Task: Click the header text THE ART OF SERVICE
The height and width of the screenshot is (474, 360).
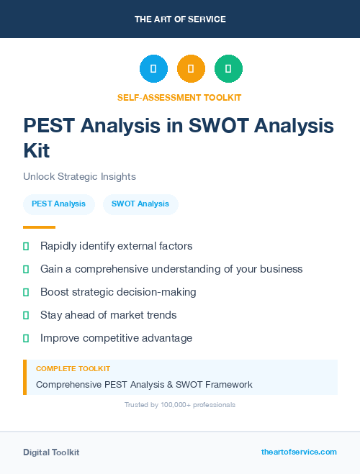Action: coord(180,19)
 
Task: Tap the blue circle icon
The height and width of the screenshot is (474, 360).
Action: coord(153,69)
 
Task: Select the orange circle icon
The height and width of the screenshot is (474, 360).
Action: coord(191,69)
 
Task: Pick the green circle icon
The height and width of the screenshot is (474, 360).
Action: coord(228,69)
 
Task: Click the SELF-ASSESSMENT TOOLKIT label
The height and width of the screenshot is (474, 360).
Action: coord(179,97)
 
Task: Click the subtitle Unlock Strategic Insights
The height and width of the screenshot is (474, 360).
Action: coord(79,176)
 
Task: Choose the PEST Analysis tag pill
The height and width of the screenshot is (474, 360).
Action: coord(59,204)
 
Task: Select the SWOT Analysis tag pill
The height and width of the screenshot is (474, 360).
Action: coord(140,204)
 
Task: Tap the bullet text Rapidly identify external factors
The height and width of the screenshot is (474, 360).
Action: coord(116,246)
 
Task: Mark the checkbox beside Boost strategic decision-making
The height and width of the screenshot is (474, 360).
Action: coord(26,293)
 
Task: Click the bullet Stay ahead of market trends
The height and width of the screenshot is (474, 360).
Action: coord(108,315)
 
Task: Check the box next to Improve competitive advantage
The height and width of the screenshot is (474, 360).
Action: coord(26,338)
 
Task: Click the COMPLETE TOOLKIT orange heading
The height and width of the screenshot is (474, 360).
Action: coord(73,368)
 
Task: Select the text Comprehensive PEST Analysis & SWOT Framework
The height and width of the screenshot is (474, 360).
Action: coord(144,385)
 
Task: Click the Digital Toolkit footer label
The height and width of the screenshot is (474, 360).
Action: coord(51,452)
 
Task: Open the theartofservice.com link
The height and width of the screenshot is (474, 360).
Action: coord(299,452)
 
